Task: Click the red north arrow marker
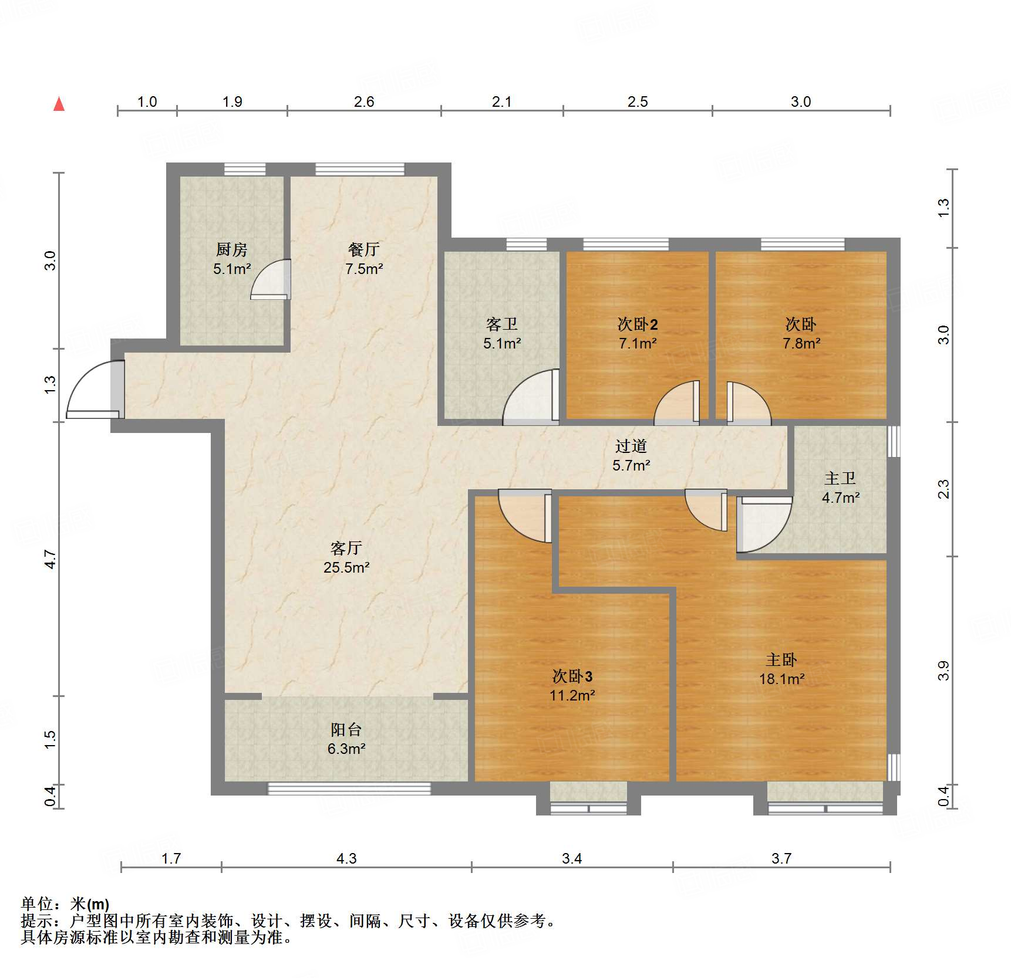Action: point(59,104)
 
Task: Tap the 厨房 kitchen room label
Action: point(231,249)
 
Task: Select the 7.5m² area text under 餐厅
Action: point(364,269)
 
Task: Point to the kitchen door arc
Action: point(270,280)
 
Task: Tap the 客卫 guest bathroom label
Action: point(501,324)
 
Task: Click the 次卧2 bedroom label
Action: point(637,324)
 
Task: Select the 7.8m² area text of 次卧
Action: point(801,344)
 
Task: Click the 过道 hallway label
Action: point(631,446)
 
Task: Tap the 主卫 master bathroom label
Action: point(840,478)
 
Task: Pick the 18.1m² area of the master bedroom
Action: point(781,679)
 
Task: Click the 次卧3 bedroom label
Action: point(572,676)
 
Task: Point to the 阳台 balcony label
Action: point(346,729)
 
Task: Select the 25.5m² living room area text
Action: point(346,568)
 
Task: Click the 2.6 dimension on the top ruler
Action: point(363,101)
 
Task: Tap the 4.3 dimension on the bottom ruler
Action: point(346,859)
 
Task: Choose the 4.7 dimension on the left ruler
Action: point(50,559)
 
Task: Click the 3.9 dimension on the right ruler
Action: point(943,671)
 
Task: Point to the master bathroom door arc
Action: point(763,525)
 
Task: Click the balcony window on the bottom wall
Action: point(349,789)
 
